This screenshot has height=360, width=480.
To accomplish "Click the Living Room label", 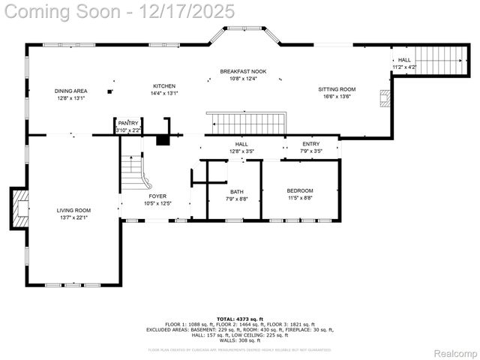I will (x=73, y=211).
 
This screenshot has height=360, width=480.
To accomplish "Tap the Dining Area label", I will (x=70, y=91).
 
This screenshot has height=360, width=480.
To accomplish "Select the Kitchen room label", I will (x=163, y=86).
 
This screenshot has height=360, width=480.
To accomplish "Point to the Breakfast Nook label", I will (x=238, y=71).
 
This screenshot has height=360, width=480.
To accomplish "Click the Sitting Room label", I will (x=338, y=89).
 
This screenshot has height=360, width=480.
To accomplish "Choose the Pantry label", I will (x=128, y=123).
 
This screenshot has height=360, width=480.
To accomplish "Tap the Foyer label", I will (x=157, y=196).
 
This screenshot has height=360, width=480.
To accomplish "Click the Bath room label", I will (x=236, y=192).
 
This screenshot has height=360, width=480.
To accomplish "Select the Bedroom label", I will (x=300, y=190).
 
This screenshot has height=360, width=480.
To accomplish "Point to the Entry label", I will (x=310, y=144).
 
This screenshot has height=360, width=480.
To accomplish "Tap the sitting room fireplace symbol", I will (x=385, y=100).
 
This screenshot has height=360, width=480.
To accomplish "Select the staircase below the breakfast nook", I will (x=247, y=123).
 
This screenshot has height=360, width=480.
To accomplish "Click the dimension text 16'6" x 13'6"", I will (x=338, y=97).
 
